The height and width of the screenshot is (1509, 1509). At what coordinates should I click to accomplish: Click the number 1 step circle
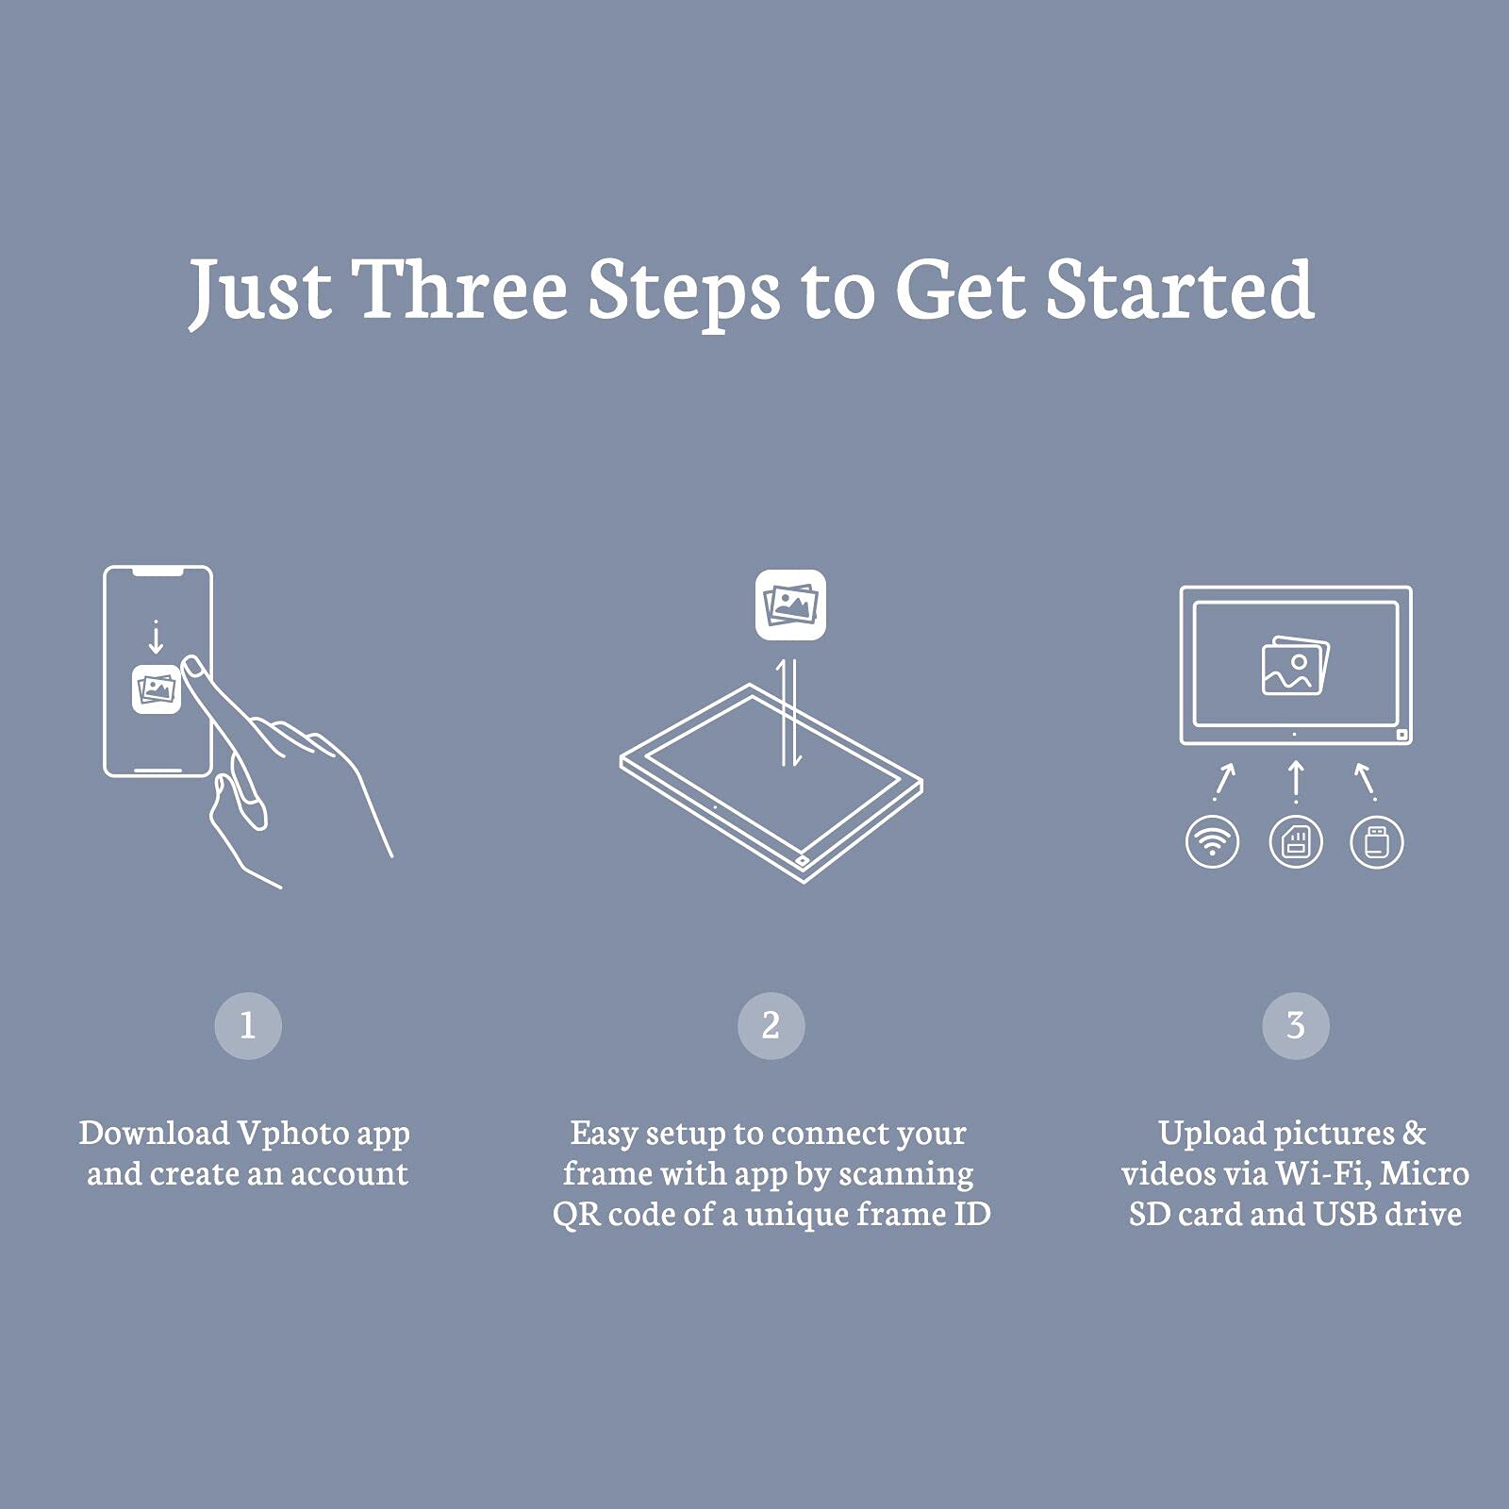tap(248, 1025)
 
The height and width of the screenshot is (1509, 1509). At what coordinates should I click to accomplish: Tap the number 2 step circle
tap(771, 1025)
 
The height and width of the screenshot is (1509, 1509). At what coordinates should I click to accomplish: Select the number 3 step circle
tap(1295, 1025)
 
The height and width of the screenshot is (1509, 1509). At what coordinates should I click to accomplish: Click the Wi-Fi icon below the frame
tap(1212, 841)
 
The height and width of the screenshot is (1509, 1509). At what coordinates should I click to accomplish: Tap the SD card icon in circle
tap(1296, 841)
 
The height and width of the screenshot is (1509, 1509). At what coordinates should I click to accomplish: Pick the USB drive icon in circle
tap(1377, 841)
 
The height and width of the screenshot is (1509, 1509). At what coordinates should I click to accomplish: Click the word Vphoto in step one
tap(292, 1133)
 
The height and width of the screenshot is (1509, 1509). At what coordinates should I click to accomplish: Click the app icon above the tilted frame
tap(790, 605)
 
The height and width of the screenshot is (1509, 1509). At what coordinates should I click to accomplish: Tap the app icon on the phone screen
tap(156, 689)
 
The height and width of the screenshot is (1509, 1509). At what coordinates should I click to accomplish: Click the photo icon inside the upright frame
tap(1295, 665)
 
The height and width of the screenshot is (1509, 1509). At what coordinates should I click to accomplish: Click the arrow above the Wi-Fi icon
tap(1224, 782)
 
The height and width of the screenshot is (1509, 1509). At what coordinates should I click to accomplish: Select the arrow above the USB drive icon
tap(1365, 782)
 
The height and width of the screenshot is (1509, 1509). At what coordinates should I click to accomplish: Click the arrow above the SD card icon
tap(1296, 782)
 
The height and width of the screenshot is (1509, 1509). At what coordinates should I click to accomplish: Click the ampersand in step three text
tap(1414, 1133)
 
